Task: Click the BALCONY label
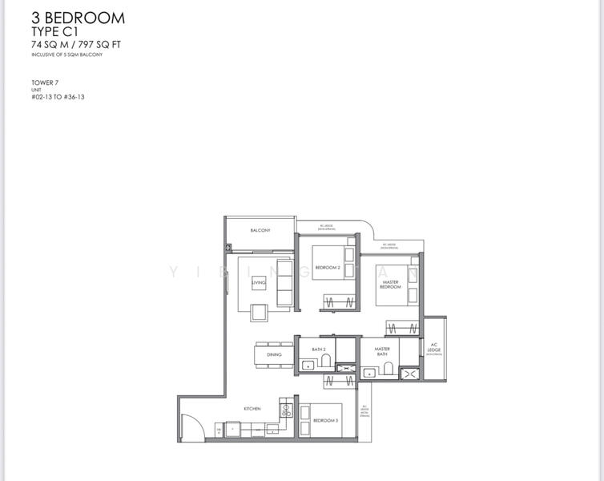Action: pyautogui.click(x=260, y=231)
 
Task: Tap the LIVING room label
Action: pyautogui.click(x=258, y=283)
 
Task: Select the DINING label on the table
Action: pyautogui.click(x=274, y=354)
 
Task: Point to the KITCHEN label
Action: pyautogui.click(x=252, y=409)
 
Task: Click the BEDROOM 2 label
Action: pyautogui.click(x=328, y=268)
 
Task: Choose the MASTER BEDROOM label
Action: pyautogui.click(x=390, y=285)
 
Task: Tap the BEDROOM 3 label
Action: pyautogui.click(x=325, y=421)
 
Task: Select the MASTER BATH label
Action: pyautogui.click(x=383, y=351)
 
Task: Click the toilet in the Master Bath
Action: pyautogui.click(x=388, y=367)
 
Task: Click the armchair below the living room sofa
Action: pyautogui.click(x=260, y=313)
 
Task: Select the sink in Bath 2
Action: pyautogui.click(x=307, y=366)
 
